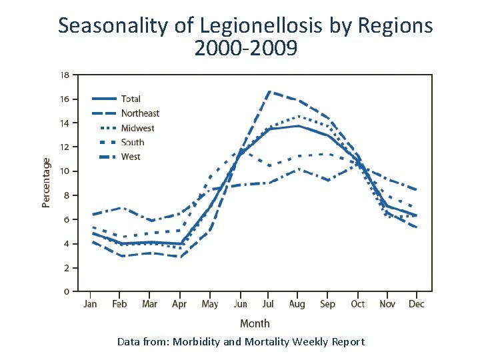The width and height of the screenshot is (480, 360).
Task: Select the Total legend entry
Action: (x=131, y=99)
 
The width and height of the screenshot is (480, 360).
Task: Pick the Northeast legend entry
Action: (x=140, y=113)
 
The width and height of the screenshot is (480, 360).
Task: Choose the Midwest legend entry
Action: (x=137, y=128)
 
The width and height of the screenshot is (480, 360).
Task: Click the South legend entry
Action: (x=133, y=142)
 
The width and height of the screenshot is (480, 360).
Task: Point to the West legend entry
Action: (x=131, y=157)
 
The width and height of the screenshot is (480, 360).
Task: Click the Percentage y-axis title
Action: (x=46, y=183)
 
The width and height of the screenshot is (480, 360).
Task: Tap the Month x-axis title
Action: (x=255, y=323)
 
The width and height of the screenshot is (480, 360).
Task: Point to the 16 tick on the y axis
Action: (x=65, y=99)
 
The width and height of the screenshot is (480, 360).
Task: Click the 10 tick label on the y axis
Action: (x=65, y=171)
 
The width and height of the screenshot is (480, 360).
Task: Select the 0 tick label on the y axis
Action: (x=67, y=291)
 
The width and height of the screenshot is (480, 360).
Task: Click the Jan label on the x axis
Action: (x=90, y=304)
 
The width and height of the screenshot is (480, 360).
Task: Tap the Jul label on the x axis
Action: (x=267, y=304)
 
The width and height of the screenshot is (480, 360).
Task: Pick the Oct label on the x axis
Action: (x=358, y=304)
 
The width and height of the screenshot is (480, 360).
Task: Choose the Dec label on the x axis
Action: (x=416, y=304)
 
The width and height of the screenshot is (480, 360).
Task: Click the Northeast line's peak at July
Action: (x=269, y=91)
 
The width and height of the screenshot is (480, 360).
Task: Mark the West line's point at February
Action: (x=120, y=208)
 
